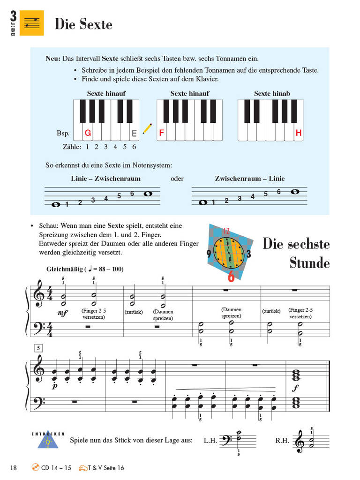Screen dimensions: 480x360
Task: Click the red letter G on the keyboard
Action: (88, 133)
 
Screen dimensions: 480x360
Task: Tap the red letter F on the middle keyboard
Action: (161, 133)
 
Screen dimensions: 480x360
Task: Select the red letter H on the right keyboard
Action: (299, 133)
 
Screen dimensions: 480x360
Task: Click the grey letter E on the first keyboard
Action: (134, 134)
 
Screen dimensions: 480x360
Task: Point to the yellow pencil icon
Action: (148, 128)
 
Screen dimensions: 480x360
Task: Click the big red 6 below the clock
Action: (231, 277)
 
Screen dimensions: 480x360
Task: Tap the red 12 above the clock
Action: (226, 231)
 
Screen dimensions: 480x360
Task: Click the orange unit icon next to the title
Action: (32, 23)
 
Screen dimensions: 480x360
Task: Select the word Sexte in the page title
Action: (96, 24)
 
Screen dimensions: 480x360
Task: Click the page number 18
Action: (14, 467)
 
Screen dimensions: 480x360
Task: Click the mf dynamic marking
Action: (62, 313)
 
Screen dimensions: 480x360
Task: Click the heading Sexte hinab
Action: (272, 93)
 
